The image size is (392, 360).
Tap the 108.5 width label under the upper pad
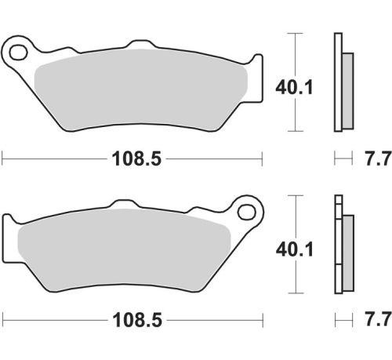point(132,159)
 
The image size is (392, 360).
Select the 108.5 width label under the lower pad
point(132,321)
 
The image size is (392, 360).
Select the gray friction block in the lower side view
point(348,249)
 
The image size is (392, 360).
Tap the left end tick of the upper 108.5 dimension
point(2,159)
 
